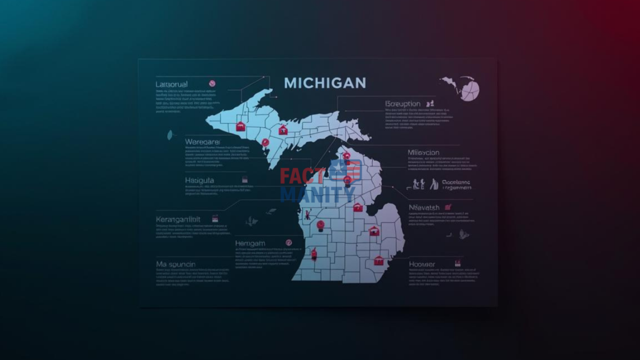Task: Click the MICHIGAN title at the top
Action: click(x=325, y=83)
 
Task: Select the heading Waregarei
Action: click(x=203, y=142)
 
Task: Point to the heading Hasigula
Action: click(x=200, y=180)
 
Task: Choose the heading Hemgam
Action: click(x=251, y=242)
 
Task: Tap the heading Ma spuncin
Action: click(x=176, y=264)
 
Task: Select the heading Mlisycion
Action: click(x=423, y=152)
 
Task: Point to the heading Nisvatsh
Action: click(x=424, y=207)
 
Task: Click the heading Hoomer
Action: click(x=422, y=264)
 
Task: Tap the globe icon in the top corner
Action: click(x=468, y=88)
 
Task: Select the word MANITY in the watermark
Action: click(x=317, y=195)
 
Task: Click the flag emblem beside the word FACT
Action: click(x=346, y=171)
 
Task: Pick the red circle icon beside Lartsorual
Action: click(x=212, y=83)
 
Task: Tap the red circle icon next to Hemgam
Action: click(x=289, y=242)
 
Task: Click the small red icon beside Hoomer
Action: click(x=457, y=263)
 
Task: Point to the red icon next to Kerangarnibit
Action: click(x=215, y=219)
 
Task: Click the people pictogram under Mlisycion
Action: click(x=420, y=184)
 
